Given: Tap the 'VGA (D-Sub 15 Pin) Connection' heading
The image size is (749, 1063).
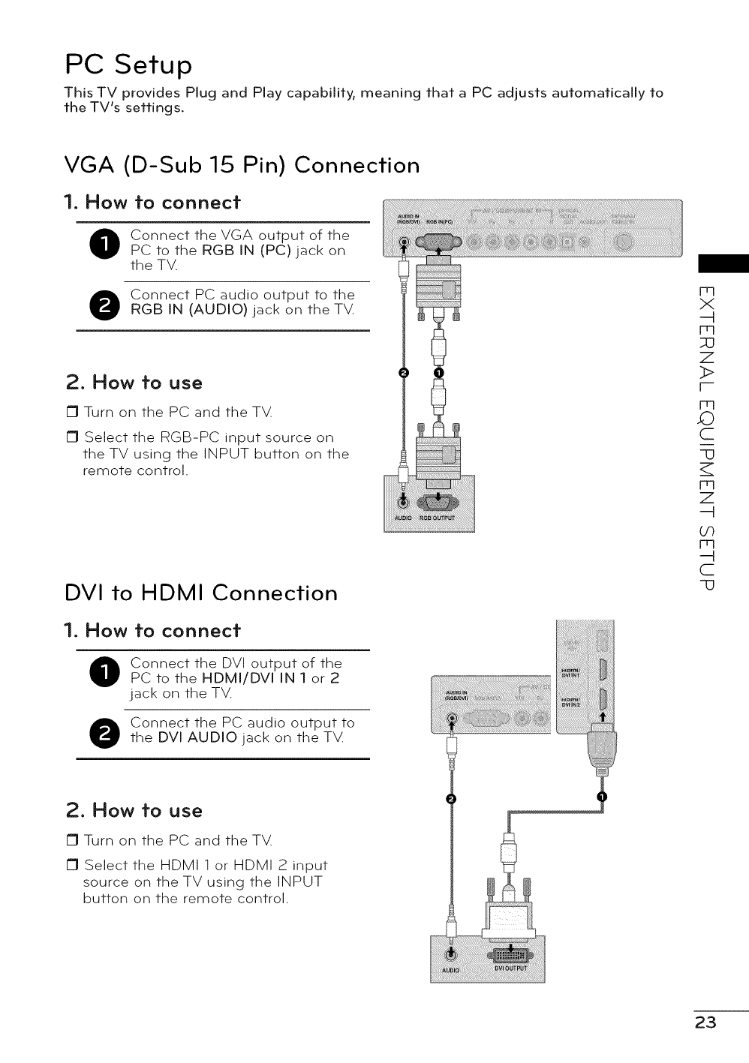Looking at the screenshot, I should point(241,164).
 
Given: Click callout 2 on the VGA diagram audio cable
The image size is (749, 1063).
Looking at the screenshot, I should point(404,374).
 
